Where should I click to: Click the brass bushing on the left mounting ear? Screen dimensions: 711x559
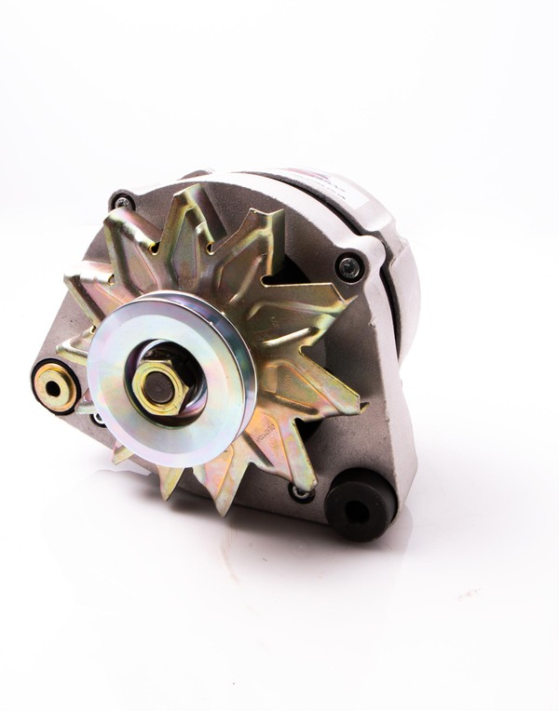[55, 384]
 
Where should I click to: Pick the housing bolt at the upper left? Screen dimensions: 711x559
[121, 200]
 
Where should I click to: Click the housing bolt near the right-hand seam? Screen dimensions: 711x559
[350, 268]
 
